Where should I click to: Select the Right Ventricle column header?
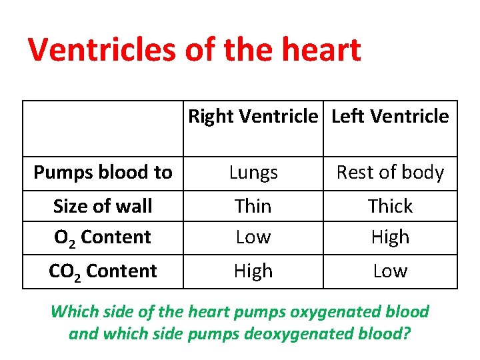pyautogui.click(x=253, y=117)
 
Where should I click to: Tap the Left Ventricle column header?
pyautogui.click(x=390, y=117)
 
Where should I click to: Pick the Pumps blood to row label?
pyautogui.click(x=103, y=173)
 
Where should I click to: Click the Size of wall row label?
pyautogui.click(x=103, y=206)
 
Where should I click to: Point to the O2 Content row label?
pyautogui.click(x=103, y=237)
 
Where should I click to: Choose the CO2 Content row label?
pyautogui.click(x=103, y=271)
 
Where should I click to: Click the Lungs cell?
pyautogui.click(x=253, y=173)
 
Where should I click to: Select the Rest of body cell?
pyautogui.click(x=390, y=173)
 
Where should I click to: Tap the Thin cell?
pyautogui.click(x=253, y=206)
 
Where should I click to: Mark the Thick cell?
pyautogui.click(x=390, y=206)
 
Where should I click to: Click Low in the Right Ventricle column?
pyautogui.click(x=253, y=237)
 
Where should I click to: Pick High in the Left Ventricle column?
pyautogui.click(x=390, y=237)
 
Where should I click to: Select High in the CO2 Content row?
pyautogui.click(x=253, y=271)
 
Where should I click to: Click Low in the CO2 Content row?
pyautogui.click(x=390, y=271)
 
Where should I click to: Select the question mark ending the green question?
pyautogui.click(x=406, y=333)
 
